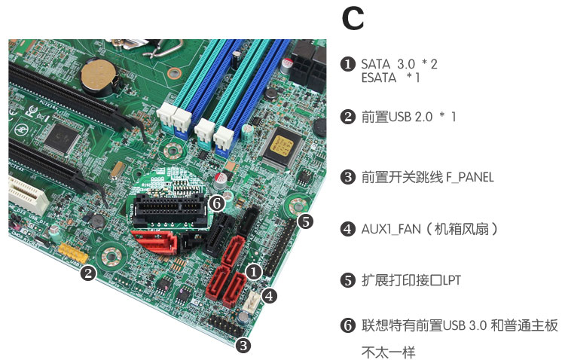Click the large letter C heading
coord(353,20)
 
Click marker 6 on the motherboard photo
coord(215,203)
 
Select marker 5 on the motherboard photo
coord(304,221)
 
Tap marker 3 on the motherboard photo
coord(243,346)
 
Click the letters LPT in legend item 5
coord(451,280)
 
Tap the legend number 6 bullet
coord(347,326)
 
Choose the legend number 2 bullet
coord(347,117)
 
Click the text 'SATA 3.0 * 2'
coord(399,64)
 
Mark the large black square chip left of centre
coord(58,135)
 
